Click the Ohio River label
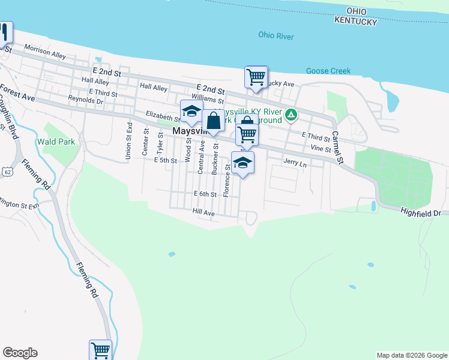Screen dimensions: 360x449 coord(276,36)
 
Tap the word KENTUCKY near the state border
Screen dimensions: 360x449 coord(357,22)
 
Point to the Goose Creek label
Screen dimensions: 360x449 coord(328,71)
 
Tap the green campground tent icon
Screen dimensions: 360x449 coord(291,113)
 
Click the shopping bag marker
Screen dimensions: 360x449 coord(213,121)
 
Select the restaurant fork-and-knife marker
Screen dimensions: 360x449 coord(4,32)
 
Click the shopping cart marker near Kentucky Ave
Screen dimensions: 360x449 coord(256,77)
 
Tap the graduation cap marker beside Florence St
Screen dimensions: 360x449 coord(243,162)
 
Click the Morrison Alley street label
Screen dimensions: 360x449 coord(45,51)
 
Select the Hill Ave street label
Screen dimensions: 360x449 coord(203,213)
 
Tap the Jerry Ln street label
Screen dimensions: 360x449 coord(295,163)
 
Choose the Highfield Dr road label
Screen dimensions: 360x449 coord(421,211)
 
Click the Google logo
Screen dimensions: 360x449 coord(20,353)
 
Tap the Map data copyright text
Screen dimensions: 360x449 coord(412,355)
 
